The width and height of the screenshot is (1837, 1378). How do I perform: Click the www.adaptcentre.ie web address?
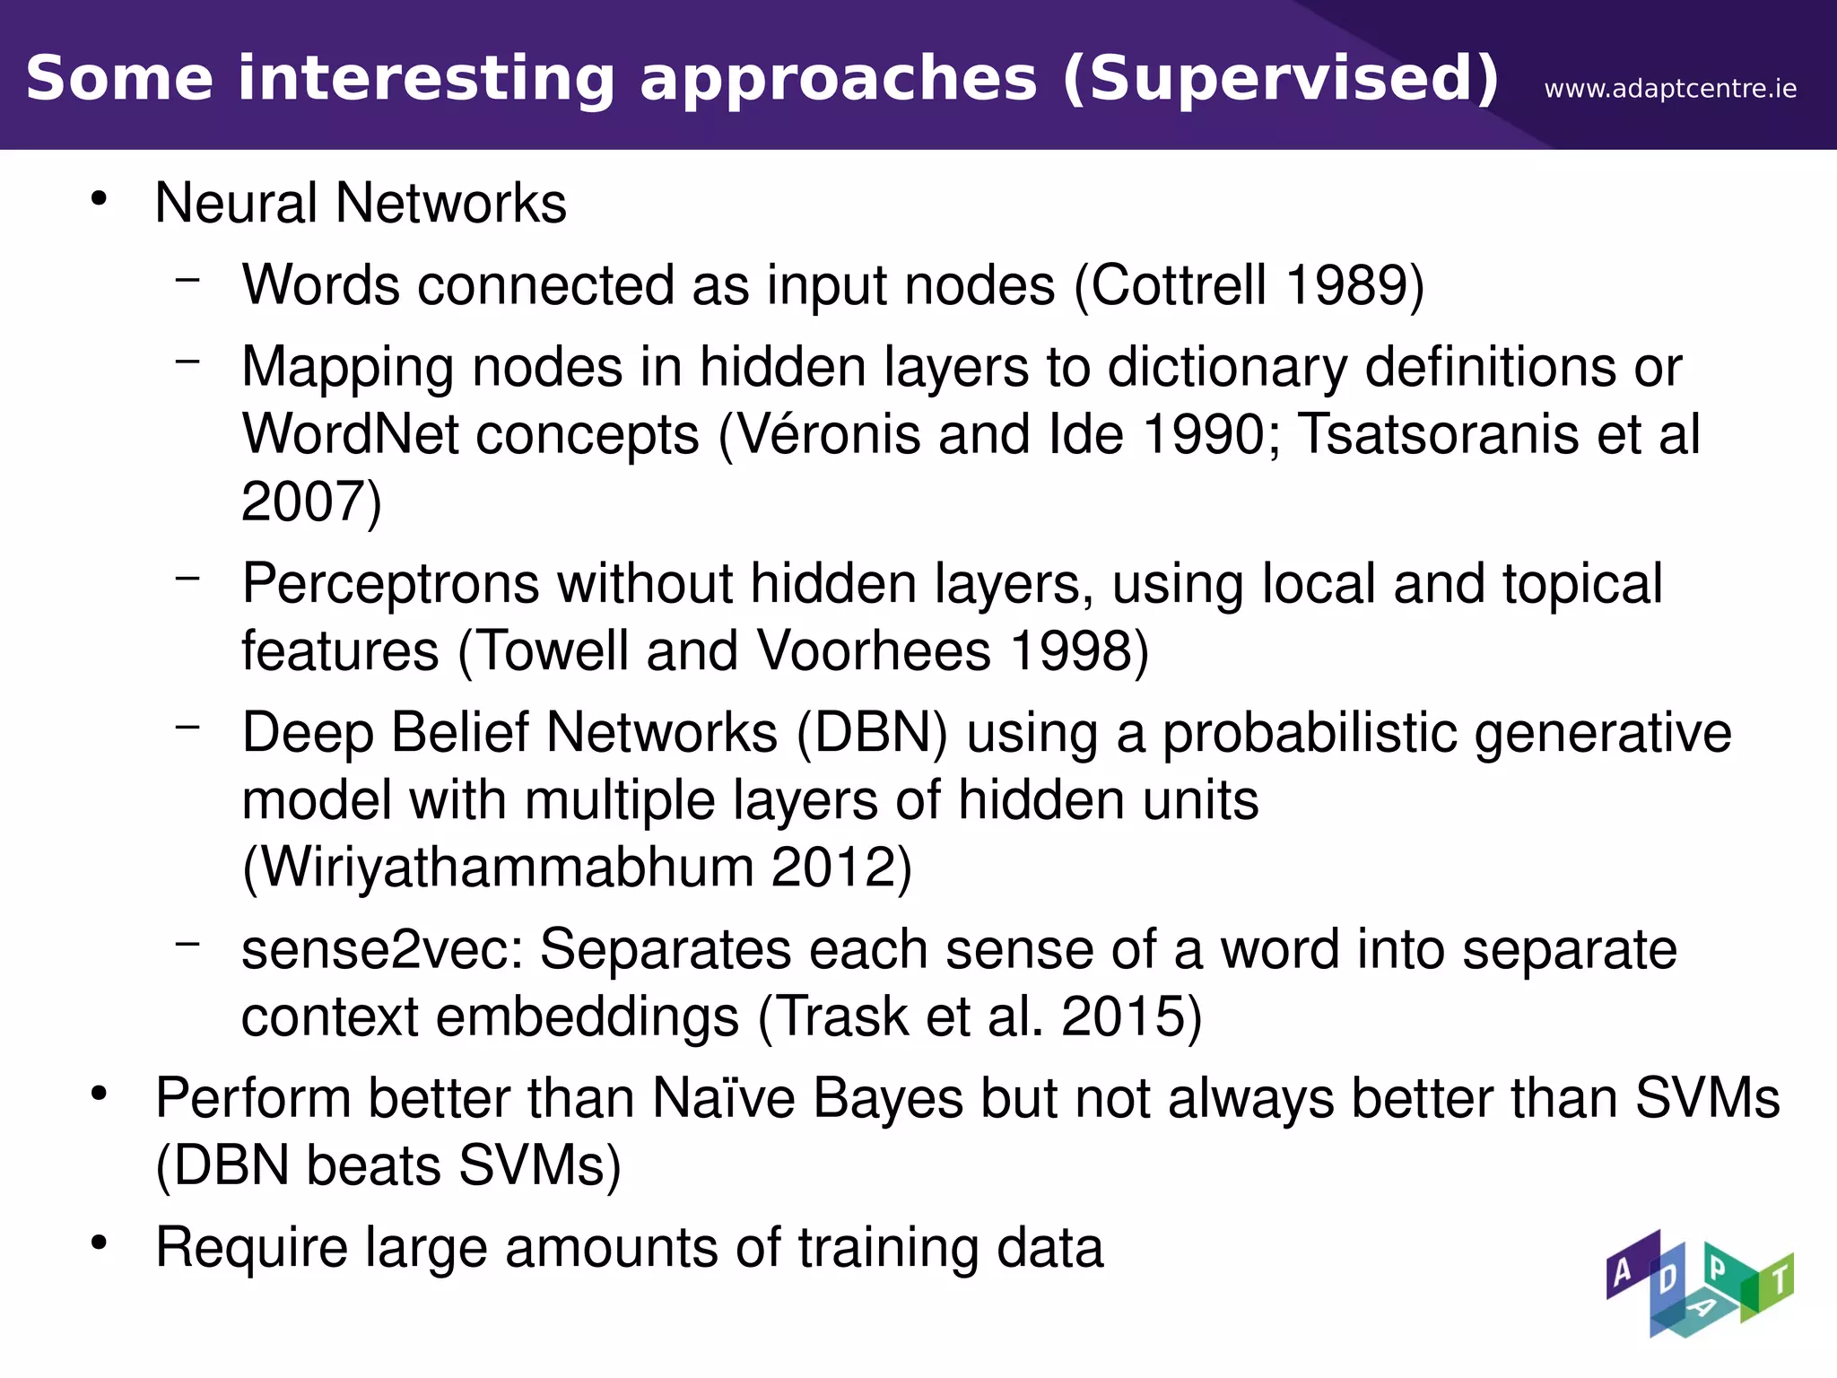[1670, 89]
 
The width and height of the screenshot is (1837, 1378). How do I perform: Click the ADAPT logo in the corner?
[1699, 1284]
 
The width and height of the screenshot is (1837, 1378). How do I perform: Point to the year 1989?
[1345, 285]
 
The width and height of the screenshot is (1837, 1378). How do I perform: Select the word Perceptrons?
[390, 584]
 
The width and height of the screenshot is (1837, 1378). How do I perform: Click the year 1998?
[1068, 650]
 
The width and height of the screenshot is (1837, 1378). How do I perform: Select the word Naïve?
[723, 1098]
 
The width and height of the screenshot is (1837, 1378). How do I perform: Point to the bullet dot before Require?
[99, 1243]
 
